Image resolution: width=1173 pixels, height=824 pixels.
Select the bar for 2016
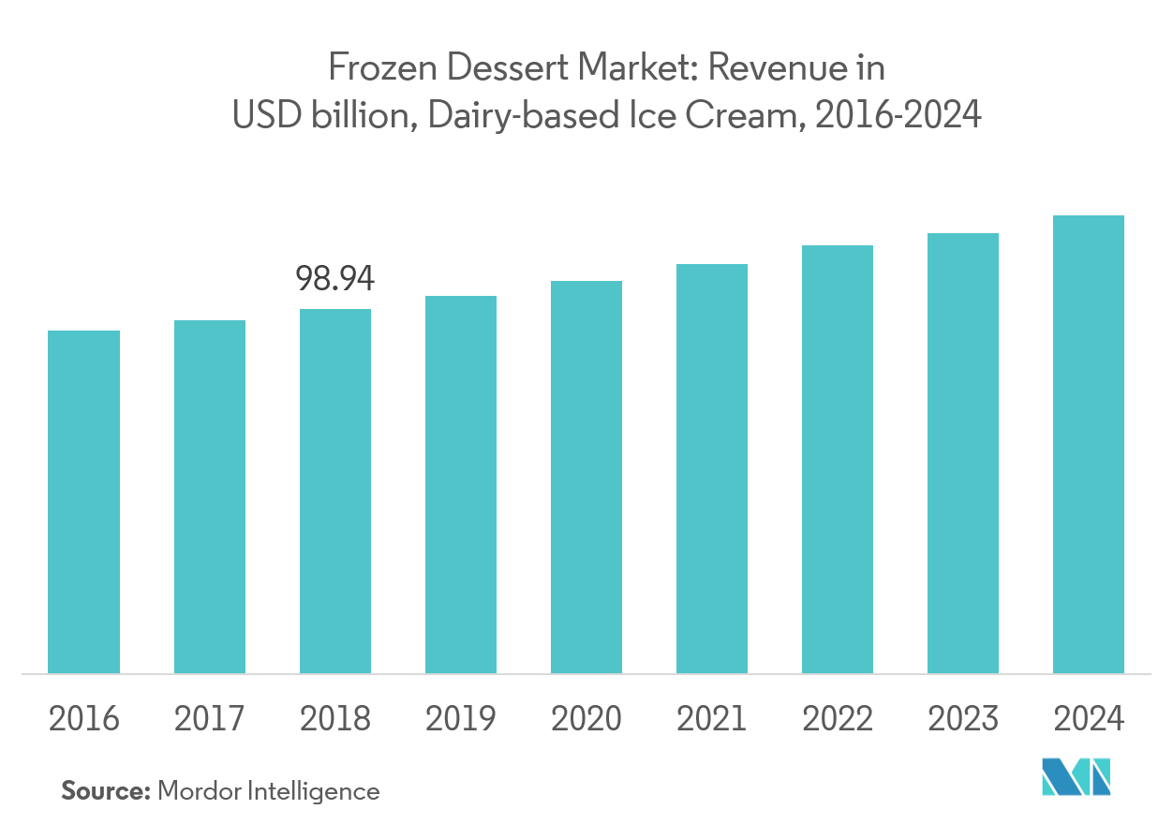point(83,502)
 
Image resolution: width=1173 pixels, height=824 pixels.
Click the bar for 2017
point(210,496)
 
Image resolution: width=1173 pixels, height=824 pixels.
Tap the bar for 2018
point(335,491)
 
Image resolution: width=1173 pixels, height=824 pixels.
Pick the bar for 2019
point(461,484)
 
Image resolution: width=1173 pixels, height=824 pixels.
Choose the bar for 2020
point(586,477)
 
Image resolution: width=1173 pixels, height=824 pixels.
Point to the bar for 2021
point(712,468)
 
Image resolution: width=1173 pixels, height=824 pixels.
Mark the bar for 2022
point(838,459)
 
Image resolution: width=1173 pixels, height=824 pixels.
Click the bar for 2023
point(963,453)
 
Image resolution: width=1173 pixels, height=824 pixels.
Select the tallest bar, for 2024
point(1089,444)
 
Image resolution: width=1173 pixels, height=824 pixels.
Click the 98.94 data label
point(335,278)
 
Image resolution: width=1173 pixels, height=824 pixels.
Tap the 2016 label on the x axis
point(83,719)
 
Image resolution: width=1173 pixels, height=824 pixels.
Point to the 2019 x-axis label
point(461,719)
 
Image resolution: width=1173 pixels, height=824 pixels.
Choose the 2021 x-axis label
point(712,719)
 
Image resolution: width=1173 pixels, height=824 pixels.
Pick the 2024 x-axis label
point(1089,719)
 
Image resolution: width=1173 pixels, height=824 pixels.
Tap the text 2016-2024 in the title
point(898,115)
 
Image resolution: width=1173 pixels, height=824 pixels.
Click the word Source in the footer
point(105,791)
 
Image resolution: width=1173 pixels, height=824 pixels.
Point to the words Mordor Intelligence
point(269,791)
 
